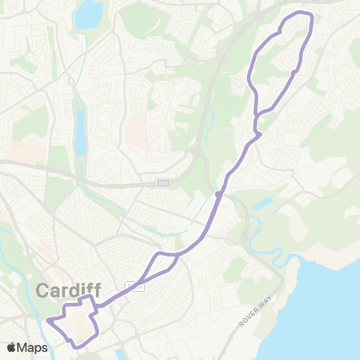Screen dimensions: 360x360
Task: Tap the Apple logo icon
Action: click(12, 347)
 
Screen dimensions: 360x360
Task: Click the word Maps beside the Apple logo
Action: click(33, 347)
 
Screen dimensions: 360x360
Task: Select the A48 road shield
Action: click(163, 183)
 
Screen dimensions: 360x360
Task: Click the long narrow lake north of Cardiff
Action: click(80, 135)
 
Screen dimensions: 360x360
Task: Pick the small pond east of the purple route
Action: click(263, 203)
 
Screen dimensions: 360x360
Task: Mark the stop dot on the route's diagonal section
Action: click(217, 194)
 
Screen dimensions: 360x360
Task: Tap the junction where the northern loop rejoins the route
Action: click(257, 135)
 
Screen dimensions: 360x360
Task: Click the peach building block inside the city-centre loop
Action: click(82, 322)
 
